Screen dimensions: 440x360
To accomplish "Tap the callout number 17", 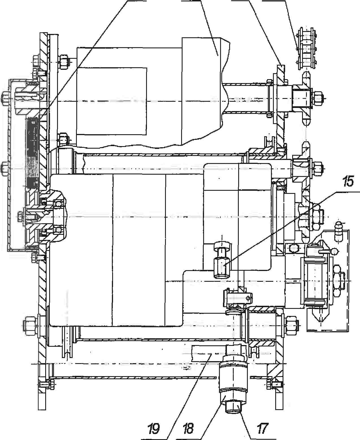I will pyautogui.click(x=262, y=429).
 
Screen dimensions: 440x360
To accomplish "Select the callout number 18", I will pyautogui.click(x=188, y=429).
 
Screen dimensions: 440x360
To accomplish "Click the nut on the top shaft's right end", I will pyautogui.click(x=318, y=98).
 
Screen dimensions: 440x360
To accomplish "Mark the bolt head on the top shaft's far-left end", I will pyautogui.click(x=5, y=98).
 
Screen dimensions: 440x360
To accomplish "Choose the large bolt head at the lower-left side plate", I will pyautogui.click(x=30, y=323).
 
